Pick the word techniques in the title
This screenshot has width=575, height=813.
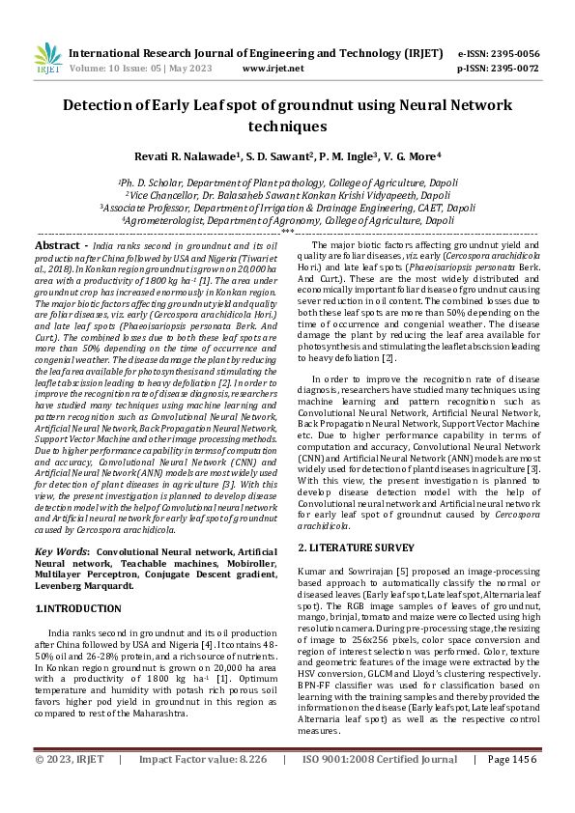click(x=287, y=126)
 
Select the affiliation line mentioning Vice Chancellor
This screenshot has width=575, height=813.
click(x=287, y=194)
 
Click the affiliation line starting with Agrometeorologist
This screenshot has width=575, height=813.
click(x=287, y=220)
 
